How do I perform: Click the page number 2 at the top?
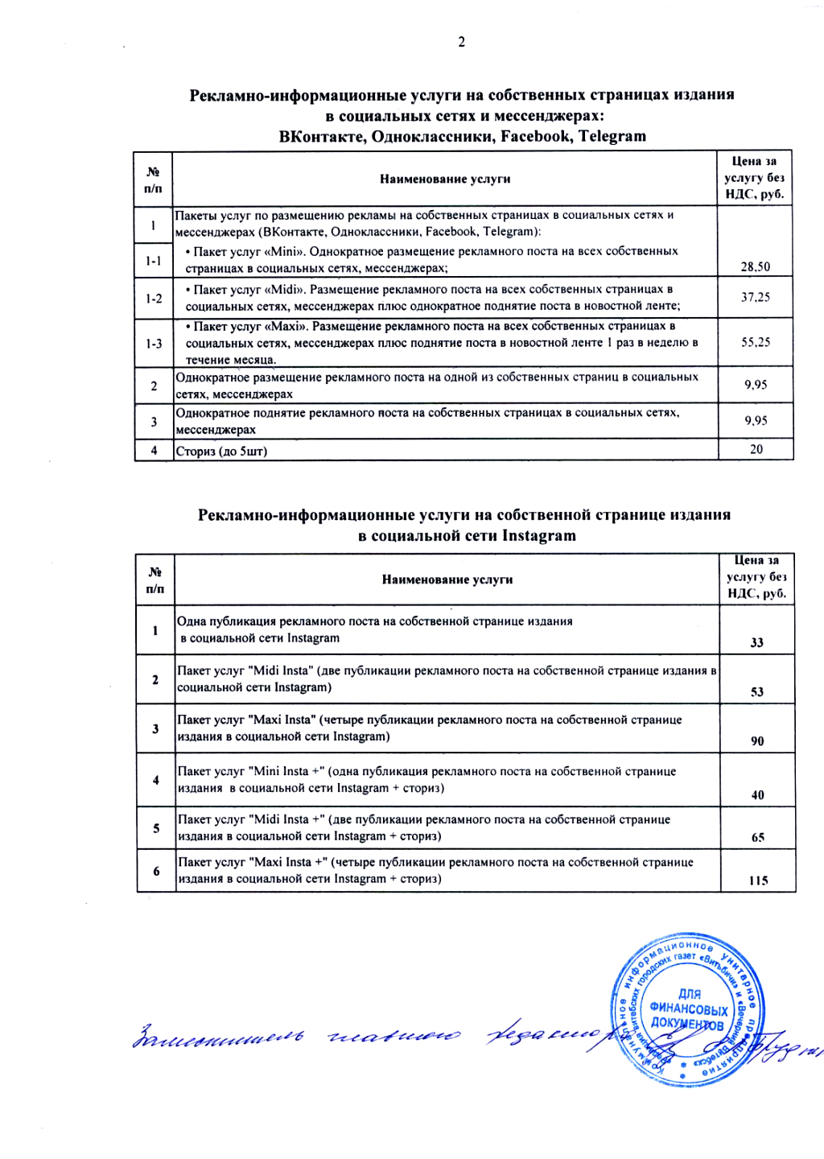pyautogui.click(x=461, y=42)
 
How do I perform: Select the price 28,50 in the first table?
pyautogui.click(x=756, y=266)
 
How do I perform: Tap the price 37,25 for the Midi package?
pyautogui.click(x=756, y=297)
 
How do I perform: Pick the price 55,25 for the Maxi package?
pyautogui.click(x=756, y=342)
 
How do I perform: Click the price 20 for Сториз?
pyautogui.click(x=756, y=449)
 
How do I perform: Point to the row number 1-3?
pyautogui.click(x=154, y=344)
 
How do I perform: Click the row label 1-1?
pyautogui.click(x=154, y=261)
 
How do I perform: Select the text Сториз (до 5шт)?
pyautogui.click(x=221, y=451)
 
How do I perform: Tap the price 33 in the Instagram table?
pyautogui.click(x=757, y=642)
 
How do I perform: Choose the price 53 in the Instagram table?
pyautogui.click(x=757, y=691)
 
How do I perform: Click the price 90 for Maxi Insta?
pyautogui.click(x=757, y=740)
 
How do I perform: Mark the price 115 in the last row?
pyautogui.click(x=758, y=881)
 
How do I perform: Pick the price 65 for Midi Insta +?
pyautogui.click(x=758, y=837)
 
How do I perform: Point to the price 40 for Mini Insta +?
pyautogui.click(x=758, y=794)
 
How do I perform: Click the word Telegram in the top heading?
pyautogui.click(x=612, y=136)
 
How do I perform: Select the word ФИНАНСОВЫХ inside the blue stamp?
pyautogui.click(x=689, y=1009)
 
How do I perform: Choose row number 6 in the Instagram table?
pyautogui.click(x=156, y=871)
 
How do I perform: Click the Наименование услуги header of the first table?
pyautogui.click(x=445, y=179)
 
